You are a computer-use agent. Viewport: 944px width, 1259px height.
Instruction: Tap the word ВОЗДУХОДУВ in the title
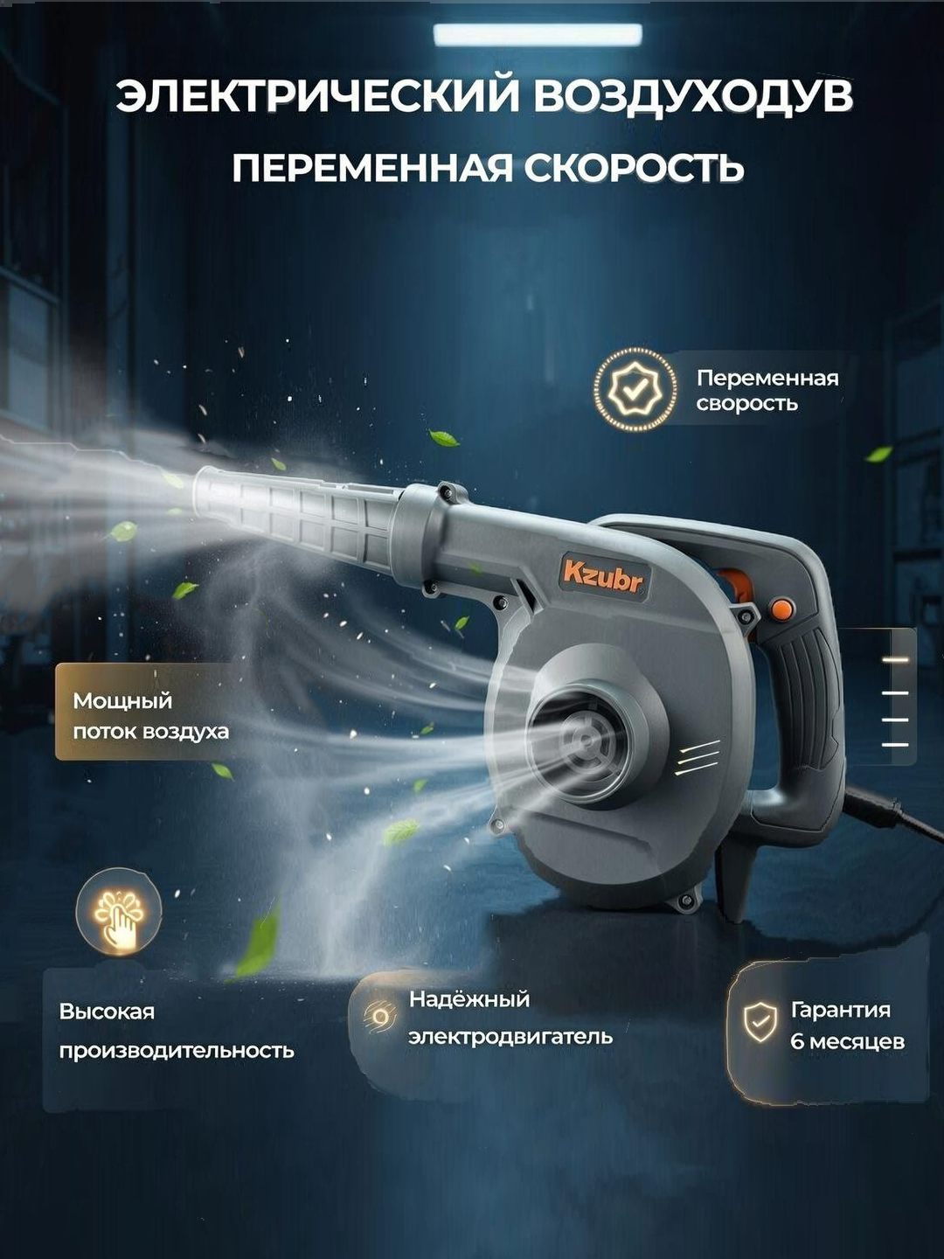pyautogui.click(x=692, y=96)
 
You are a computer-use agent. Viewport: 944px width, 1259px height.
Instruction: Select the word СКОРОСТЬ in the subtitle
pyautogui.click(x=634, y=168)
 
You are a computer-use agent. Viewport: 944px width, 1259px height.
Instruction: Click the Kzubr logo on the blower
pyautogui.click(x=602, y=576)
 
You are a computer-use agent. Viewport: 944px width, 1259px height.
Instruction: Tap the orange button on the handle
pyautogui.click(x=781, y=607)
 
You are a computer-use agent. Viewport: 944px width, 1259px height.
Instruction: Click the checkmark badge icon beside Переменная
pyautogui.click(x=635, y=390)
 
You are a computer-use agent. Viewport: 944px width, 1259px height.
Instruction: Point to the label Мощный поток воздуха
pyautogui.click(x=150, y=715)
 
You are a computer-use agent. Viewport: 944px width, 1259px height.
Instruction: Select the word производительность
pyautogui.click(x=176, y=1050)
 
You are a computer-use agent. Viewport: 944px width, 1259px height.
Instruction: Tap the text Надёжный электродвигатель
pyautogui.click(x=510, y=1018)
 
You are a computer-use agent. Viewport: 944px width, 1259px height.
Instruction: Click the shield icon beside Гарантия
pyautogui.click(x=760, y=1021)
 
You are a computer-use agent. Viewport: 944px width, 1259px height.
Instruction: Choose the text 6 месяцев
pyautogui.click(x=846, y=1041)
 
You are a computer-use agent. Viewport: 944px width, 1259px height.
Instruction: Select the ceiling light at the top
pyautogui.click(x=537, y=35)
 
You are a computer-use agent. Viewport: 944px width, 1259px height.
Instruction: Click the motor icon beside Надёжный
pyautogui.click(x=379, y=1016)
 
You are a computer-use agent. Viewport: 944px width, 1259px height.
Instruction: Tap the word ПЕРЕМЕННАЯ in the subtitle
pyautogui.click(x=371, y=168)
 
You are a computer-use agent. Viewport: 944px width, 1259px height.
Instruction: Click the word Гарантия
pyautogui.click(x=840, y=1010)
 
